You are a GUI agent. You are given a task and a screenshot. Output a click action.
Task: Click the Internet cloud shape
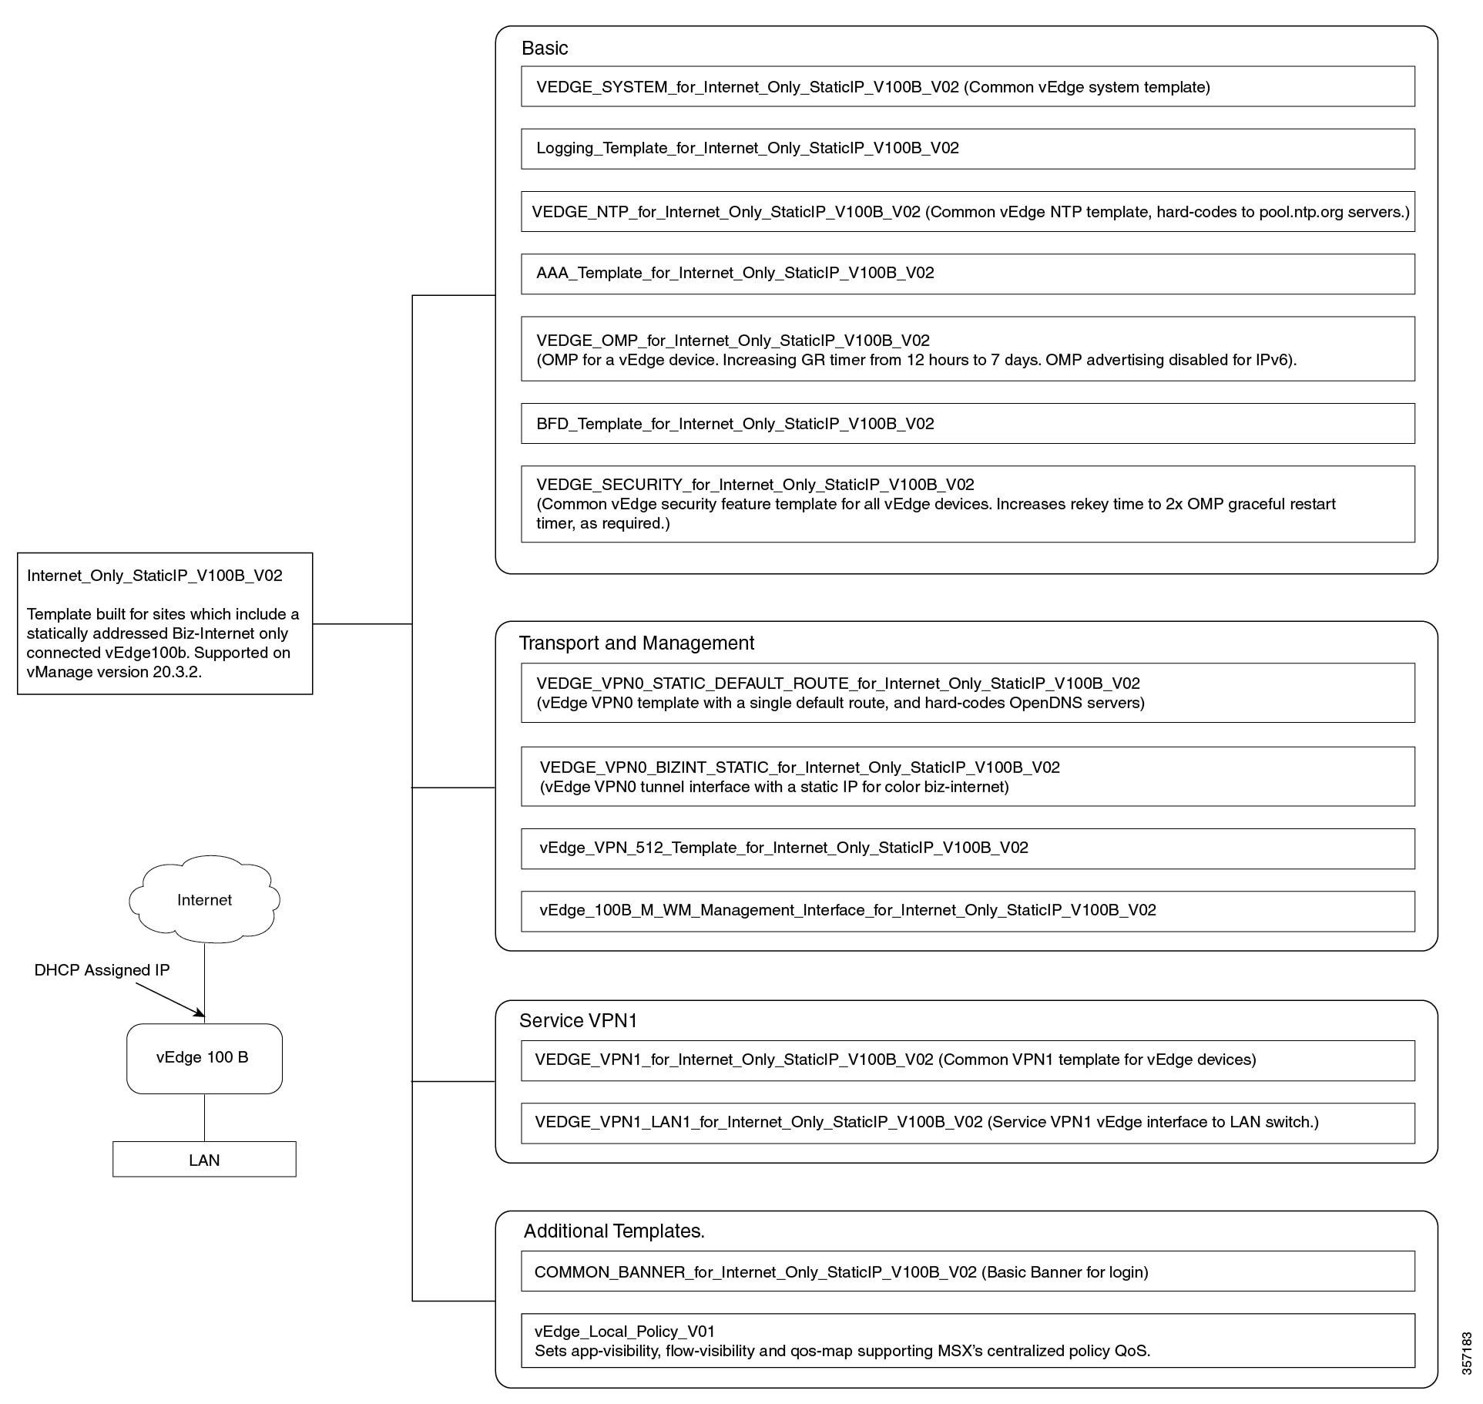tap(204, 898)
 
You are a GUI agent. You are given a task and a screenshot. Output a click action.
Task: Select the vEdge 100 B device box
tap(204, 1058)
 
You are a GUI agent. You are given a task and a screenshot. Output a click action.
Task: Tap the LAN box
tap(204, 1159)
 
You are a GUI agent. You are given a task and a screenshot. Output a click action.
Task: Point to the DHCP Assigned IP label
tap(102, 970)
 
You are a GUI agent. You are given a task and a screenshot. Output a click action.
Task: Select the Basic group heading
tap(545, 48)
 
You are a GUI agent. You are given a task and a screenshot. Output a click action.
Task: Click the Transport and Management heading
tap(636, 643)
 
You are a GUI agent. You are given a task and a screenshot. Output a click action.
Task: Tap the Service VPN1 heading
tap(578, 1020)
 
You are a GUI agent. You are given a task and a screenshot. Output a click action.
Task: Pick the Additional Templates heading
tap(614, 1231)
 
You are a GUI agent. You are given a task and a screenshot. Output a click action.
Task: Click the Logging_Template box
tap(968, 149)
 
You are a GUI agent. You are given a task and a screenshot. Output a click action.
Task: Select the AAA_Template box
tap(968, 274)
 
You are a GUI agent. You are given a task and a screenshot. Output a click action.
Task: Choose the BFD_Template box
tap(968, 423)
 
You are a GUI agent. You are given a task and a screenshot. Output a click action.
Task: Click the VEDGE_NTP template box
tap(968, 211)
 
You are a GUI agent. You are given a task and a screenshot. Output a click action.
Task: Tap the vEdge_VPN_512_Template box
tap(968, 848)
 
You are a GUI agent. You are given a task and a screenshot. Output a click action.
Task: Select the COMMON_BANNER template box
tap(968, 1271)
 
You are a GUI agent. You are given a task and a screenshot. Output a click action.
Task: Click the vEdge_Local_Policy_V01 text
tap(625, 1331)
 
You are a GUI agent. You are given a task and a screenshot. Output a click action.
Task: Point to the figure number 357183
tap(1467, 1353)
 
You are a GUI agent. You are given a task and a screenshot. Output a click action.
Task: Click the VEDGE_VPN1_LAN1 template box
tap(968, 1123)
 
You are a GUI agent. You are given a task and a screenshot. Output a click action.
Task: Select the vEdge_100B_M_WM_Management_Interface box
tap(968, 911)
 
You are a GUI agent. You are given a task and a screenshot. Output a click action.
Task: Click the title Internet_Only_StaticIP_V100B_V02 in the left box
tap(155, 576)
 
